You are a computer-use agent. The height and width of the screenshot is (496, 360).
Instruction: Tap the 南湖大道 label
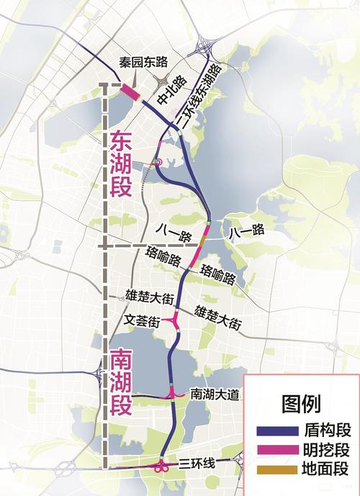210,394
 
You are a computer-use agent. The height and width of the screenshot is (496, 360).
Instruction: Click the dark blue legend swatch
277,431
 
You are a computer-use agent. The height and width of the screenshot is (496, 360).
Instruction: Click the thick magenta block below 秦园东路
130,91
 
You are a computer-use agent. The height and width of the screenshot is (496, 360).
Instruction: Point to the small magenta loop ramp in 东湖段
158,163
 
